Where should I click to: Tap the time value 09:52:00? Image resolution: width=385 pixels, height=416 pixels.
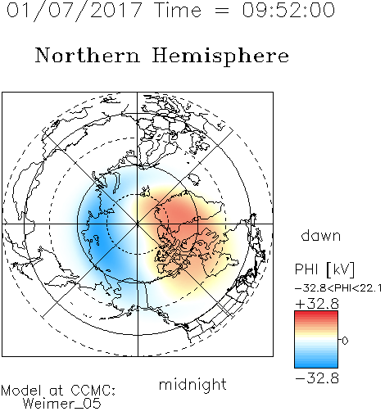(288, 11)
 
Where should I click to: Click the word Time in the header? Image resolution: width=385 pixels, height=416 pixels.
(178, 11)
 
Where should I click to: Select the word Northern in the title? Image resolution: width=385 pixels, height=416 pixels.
(88, 55)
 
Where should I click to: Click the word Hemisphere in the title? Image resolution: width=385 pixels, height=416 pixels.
(220, 57)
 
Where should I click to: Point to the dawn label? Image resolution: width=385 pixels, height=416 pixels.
(321, 235)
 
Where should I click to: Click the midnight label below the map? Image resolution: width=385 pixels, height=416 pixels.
(192, 385)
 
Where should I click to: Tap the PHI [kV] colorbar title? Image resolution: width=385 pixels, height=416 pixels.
(325, 269)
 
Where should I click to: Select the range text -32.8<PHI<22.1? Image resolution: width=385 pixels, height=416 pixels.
(338, 288)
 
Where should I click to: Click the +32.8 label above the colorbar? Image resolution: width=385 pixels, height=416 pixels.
(317, 304)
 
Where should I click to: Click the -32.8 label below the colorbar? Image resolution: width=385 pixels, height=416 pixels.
(317, 378)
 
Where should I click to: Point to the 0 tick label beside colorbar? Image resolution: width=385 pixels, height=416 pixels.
(345, 341)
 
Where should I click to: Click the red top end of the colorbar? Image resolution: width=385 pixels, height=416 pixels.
(316, 313)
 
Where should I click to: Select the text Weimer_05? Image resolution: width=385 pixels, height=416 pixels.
(62, 404)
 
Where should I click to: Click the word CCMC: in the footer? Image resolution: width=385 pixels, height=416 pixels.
(93, 391)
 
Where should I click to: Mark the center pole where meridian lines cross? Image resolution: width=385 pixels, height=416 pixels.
(138, 224)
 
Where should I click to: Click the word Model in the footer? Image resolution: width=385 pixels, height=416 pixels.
(21, 391)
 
